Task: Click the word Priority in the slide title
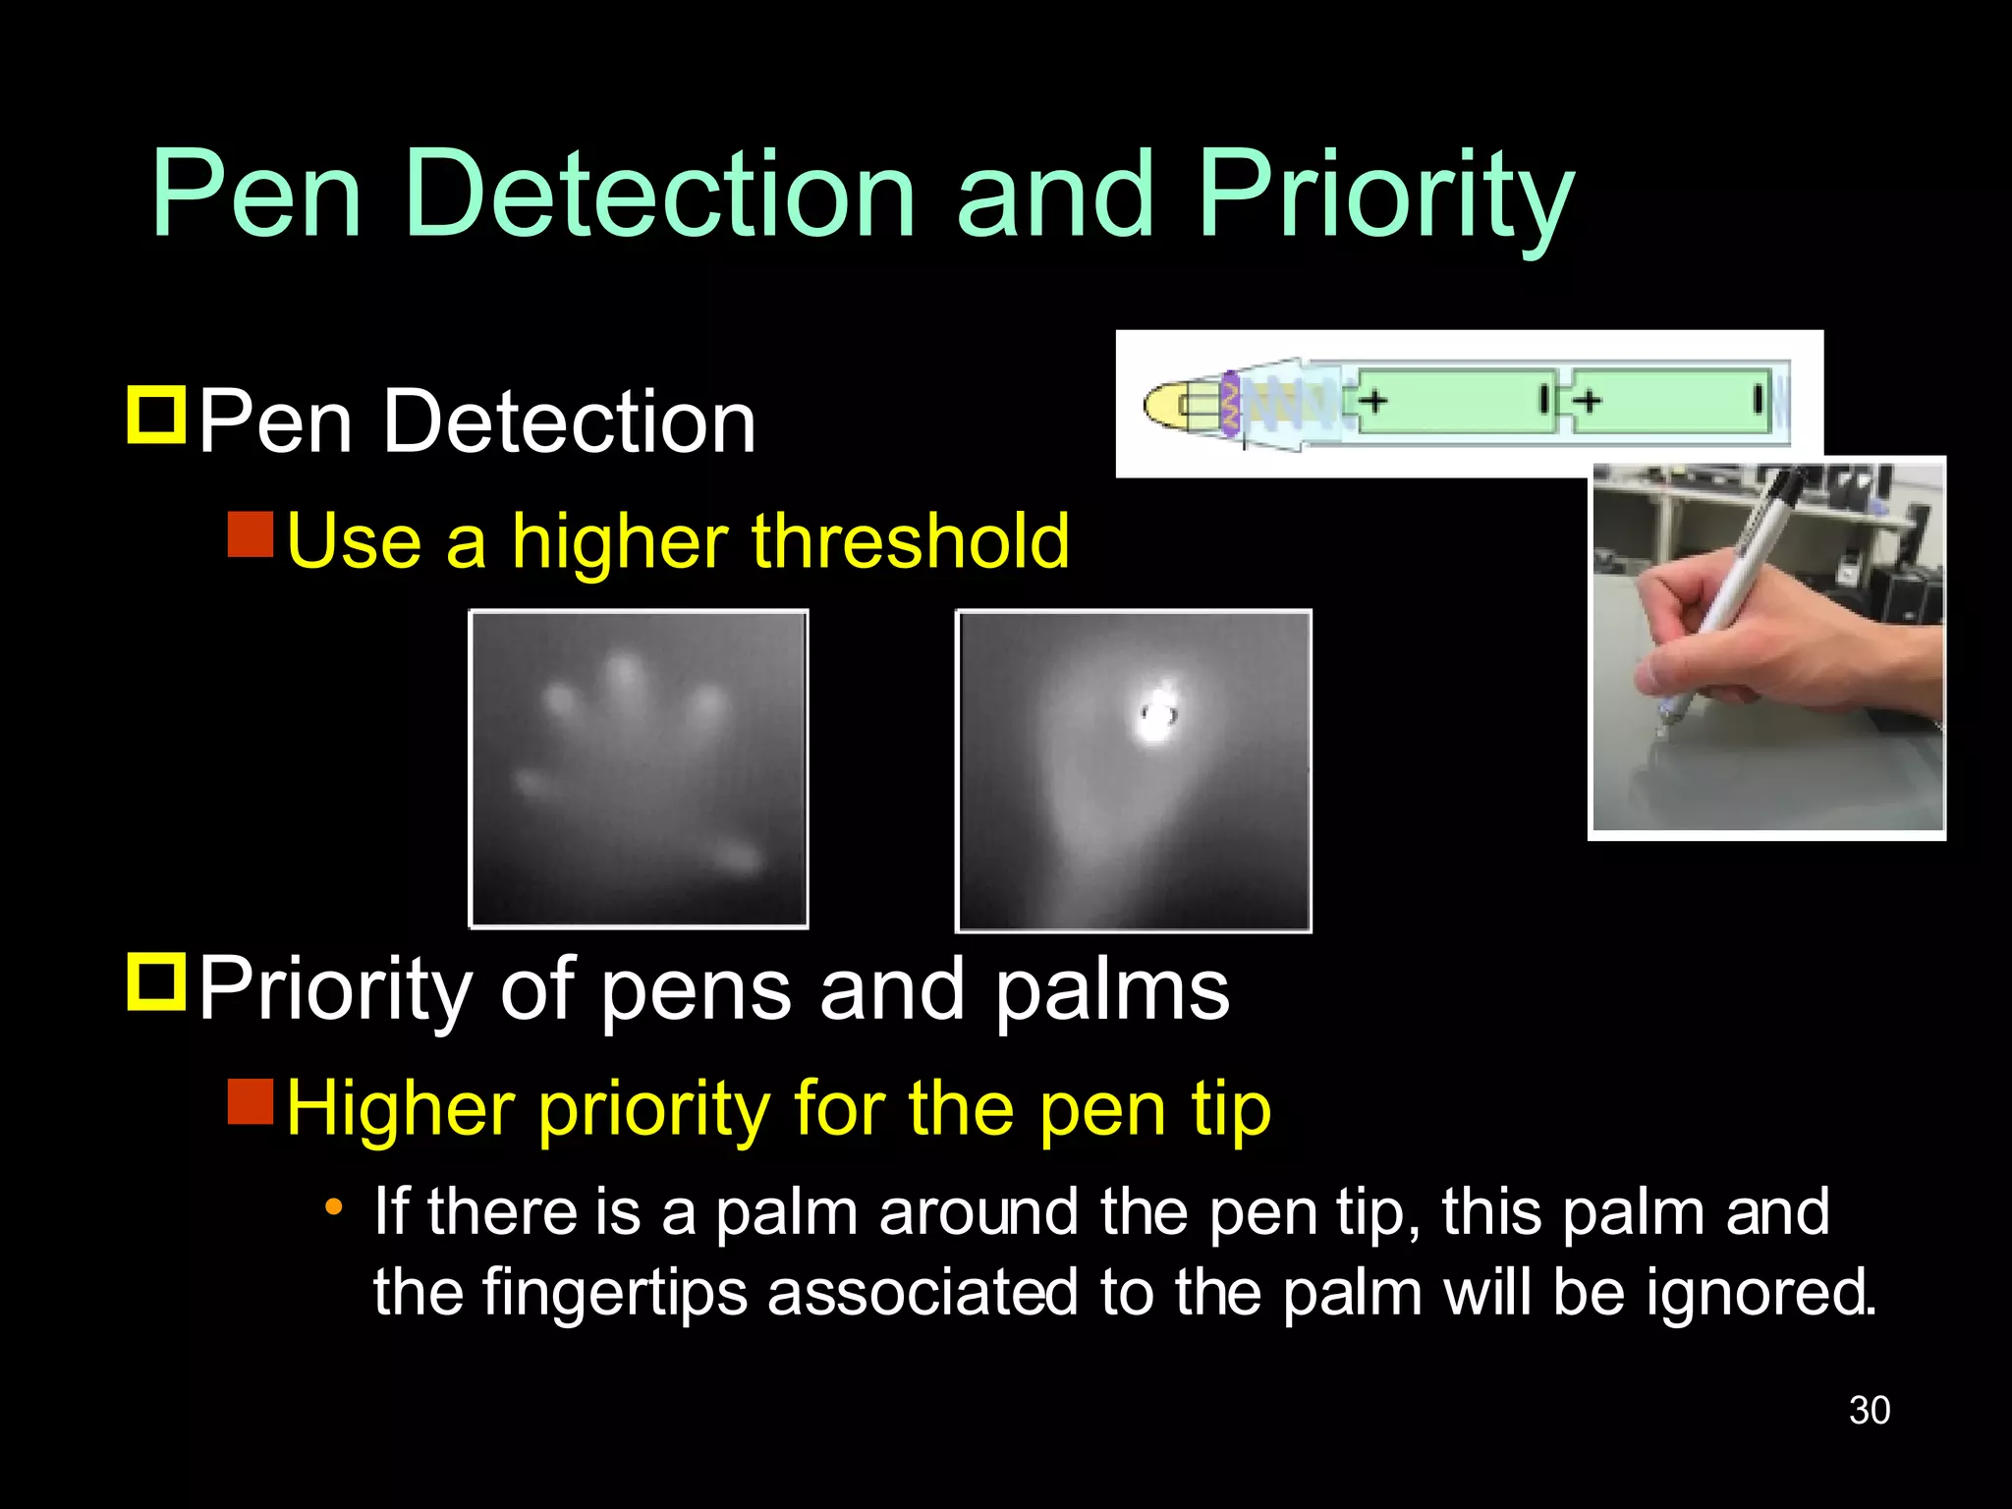[x=1385, y=196]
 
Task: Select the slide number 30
[x=1869, y=1411]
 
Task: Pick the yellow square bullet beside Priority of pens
[x=156, y=981]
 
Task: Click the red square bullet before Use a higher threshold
[x=251, y=533]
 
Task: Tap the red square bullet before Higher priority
[x=251, y=1100]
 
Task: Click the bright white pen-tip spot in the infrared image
[x=1156, y=716]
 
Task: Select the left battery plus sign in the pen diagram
[x=1373, y=400]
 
